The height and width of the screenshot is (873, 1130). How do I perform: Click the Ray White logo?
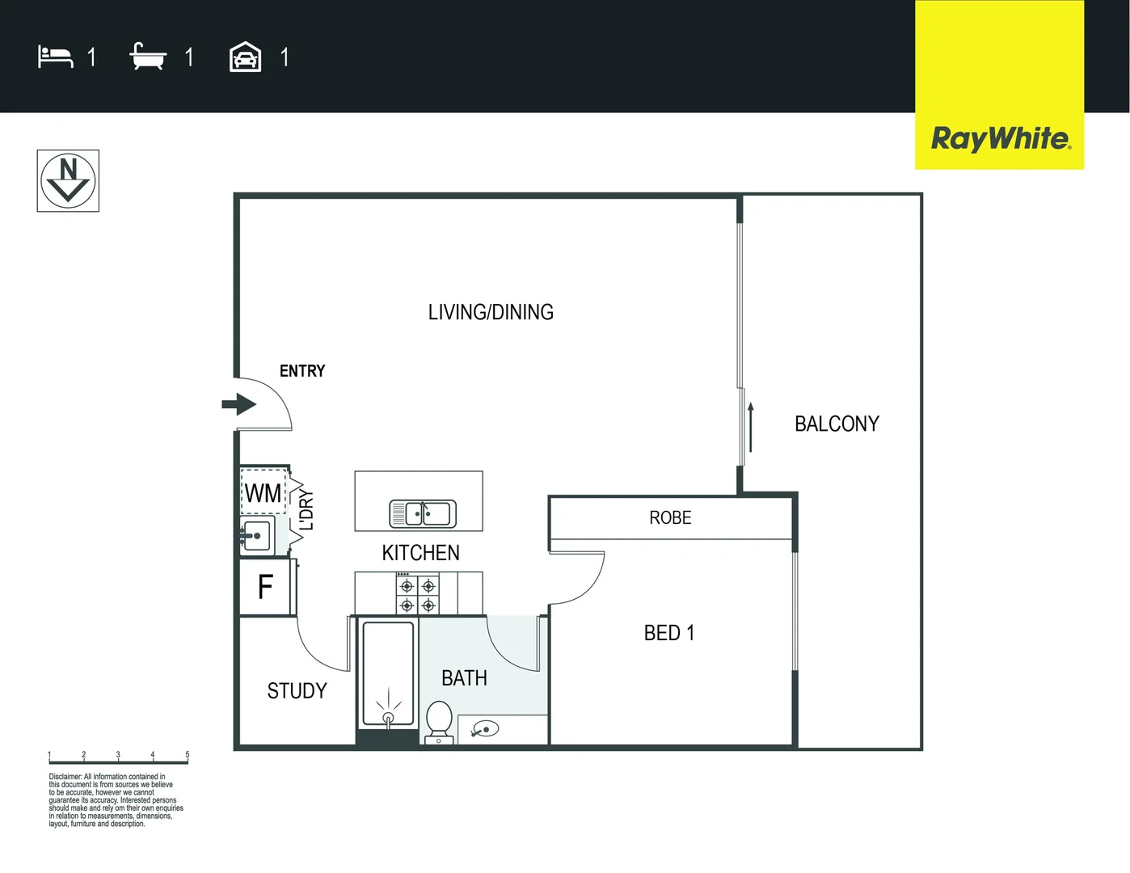pyautogui.click(x=1000, y=138)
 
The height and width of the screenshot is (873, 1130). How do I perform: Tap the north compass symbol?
pyautogui.click(x=68, y=181)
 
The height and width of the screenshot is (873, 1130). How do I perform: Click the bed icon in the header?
pyautogui.click(x=55, y=57)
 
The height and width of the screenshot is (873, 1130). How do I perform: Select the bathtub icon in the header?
pyautogui.click(x=148, y=57)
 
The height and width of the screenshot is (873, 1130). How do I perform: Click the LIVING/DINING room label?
pyautogui.click(x=491, y=312)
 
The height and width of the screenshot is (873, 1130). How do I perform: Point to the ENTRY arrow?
pyautogui.click(x=238, y=403)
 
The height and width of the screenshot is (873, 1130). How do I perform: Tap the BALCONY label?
pyautogui.click(x=837, y=424)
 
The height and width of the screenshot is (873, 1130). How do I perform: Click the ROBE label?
pyautogui.click(x=670, y=517)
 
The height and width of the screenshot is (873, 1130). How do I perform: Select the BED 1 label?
pyautogui.click(x=668, y=633)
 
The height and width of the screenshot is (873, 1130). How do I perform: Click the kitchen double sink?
pyautogui.click(x=423, y=513)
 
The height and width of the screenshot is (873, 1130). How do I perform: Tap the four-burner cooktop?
pyautogui.click(x=418, y=595)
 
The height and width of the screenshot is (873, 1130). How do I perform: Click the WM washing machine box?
pyautogui.click(x=264, y=492)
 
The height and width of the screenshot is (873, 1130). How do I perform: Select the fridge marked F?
pyautogui.click(x=265, y=587)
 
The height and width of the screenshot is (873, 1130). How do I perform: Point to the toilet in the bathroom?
pyautogui.click(x=439, y=720)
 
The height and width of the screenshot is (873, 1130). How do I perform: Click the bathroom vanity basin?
pyautogui.click(x=485, y=730)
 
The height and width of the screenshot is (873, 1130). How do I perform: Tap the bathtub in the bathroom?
pyautogui.click(x=388, y=673)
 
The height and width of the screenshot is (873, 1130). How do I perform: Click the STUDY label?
pyautogui.click(x=297, y=691)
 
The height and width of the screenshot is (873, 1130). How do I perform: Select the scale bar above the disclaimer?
pyautogui.click(x=118, y=759)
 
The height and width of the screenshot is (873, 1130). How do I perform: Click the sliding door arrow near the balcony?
pyautogui.click(x=751, y=427)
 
